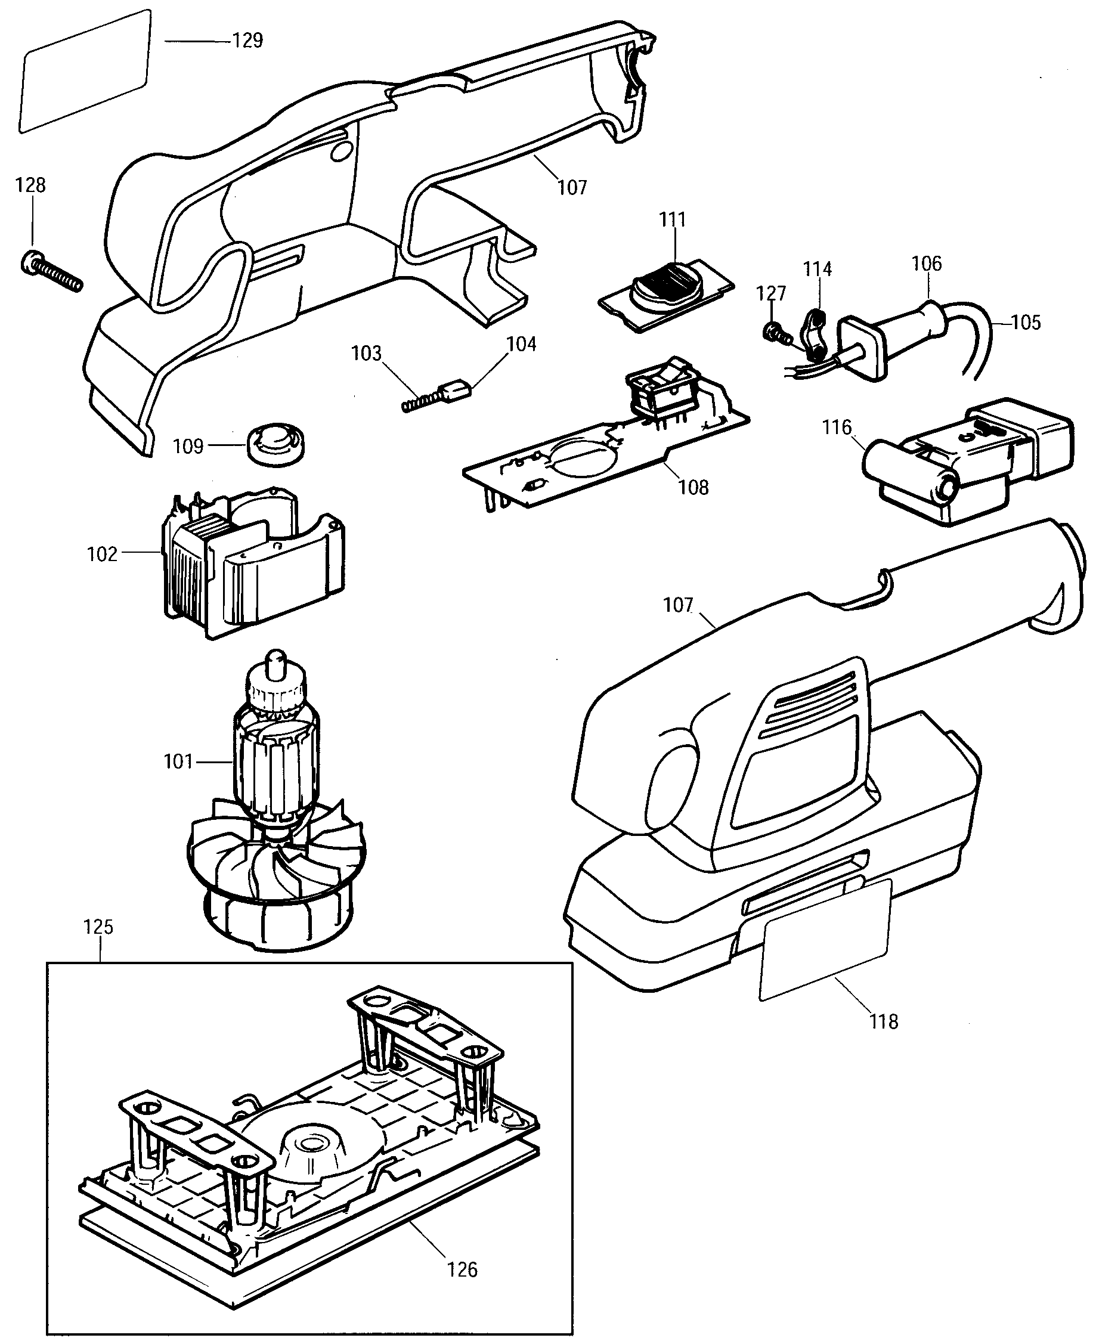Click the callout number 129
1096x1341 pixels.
247,41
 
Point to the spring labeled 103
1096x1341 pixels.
422,401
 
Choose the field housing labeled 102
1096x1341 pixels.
253,562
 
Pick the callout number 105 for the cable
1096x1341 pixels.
1026,323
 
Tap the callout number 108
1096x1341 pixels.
693,487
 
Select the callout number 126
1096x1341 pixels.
462,1269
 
